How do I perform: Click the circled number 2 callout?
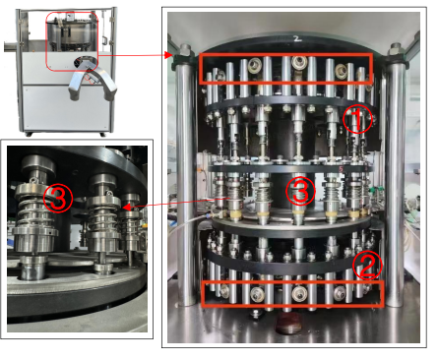click(x=364, y=264)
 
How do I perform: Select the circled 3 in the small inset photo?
click(x=58, y=200)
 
